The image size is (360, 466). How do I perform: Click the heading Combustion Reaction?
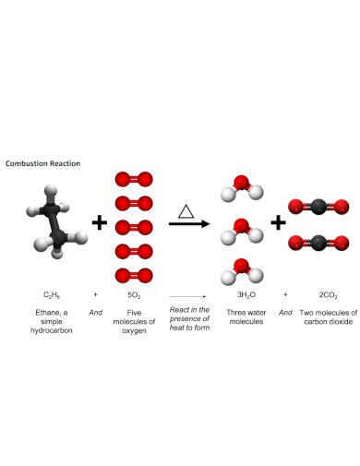42,162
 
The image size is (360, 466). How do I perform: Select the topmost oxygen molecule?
133,178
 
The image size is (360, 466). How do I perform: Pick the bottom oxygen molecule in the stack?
133,274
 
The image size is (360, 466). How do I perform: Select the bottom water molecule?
242,270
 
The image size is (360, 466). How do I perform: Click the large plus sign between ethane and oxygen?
99,222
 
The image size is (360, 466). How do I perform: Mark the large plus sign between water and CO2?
278,223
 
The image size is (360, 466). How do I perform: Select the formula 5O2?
134,294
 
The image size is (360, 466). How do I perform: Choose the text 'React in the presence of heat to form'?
190,320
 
